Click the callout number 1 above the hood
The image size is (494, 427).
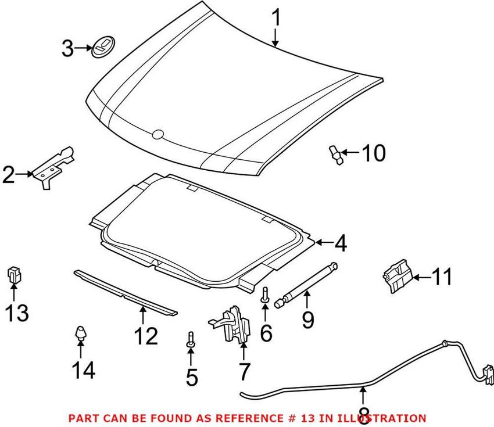click(276, 19)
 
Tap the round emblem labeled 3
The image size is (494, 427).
click(103, 46)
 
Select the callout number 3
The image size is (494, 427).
click(68, 48)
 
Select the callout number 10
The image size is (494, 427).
click(373, 154)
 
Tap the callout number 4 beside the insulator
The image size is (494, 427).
click(340, 244)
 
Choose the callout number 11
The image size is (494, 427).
click(443, 277)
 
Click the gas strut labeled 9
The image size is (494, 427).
click(308, 284)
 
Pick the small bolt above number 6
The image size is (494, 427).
click(265, 293)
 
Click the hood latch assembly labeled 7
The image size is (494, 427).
click(232, 325)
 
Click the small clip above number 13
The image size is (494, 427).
click(13, 274)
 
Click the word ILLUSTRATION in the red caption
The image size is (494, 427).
click(384, 418)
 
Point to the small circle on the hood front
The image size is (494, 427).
click(157, 135)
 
